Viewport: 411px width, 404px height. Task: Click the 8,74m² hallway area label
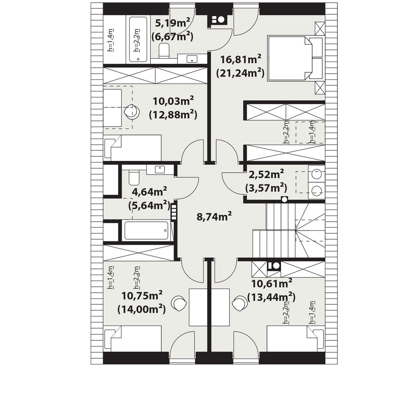click(214, 216)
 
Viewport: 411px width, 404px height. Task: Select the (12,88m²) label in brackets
click(173, 114)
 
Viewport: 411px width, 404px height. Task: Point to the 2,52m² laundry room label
click(266, 174)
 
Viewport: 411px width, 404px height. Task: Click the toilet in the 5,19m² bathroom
click(164, 51)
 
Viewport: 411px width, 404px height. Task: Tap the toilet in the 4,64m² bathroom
click(134, 177)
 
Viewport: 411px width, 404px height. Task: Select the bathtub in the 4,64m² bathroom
click(147, 230)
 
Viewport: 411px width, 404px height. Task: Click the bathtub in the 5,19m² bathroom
click(138, 40)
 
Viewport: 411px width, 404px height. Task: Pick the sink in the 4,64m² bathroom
click(160, 170)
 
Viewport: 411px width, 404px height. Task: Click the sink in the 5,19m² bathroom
click(192, 59)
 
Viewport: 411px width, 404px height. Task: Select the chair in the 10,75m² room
click(179, 303)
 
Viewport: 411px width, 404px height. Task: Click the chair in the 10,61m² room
click(240, 303)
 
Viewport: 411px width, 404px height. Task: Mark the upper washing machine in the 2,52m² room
click(317, 174)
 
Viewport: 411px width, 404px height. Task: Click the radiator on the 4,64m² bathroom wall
click(174, 212)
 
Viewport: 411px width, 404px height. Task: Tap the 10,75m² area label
click(142, 296)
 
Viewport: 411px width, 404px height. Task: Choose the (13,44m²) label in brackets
click(271, 297)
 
